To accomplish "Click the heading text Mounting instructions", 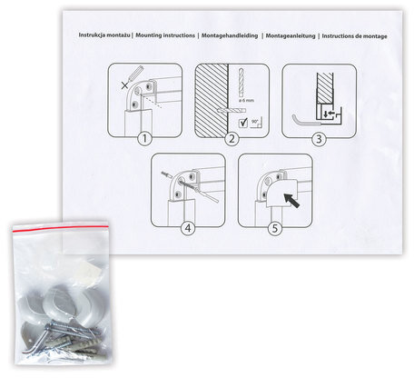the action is pos(165,35).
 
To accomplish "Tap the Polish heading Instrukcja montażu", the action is pos(104,35).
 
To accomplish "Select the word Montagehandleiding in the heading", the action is pos(230,35).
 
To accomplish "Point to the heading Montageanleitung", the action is pos(291,35).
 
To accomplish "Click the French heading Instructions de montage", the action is pos(354,36).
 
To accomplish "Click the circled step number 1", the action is pos(144,139).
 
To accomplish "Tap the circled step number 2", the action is pos(232,139).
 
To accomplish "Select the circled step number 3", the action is pos(319,139).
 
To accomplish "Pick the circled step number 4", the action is pos(188,228).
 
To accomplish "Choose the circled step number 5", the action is pos(275,228).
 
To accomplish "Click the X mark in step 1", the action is pos(124,85).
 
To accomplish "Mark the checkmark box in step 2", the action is pos(243,123).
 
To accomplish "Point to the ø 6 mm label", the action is pos(246,100).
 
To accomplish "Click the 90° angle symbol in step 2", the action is pos(256,123).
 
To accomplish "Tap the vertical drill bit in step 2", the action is pos(241,82).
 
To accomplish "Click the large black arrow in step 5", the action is pos(291,201).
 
